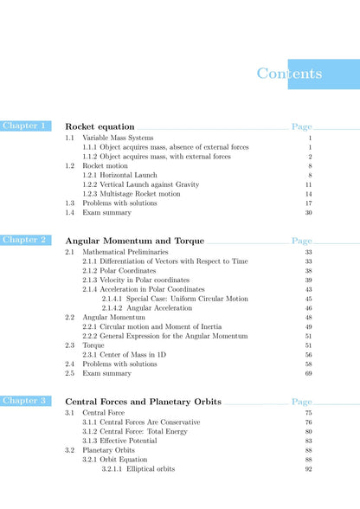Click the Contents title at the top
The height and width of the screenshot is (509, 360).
pos(289,74)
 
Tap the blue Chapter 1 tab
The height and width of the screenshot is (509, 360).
pos(25,126)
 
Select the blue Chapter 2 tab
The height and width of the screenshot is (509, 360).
pos(25,240)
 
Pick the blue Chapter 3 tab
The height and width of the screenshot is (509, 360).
pos(25,401)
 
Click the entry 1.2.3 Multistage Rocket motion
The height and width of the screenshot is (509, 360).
pos(132,194)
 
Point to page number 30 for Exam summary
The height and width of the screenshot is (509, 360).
pos(308,212)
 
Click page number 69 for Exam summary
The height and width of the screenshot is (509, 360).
pos(308,373)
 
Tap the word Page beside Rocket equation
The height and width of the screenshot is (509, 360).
pos(301,126)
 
